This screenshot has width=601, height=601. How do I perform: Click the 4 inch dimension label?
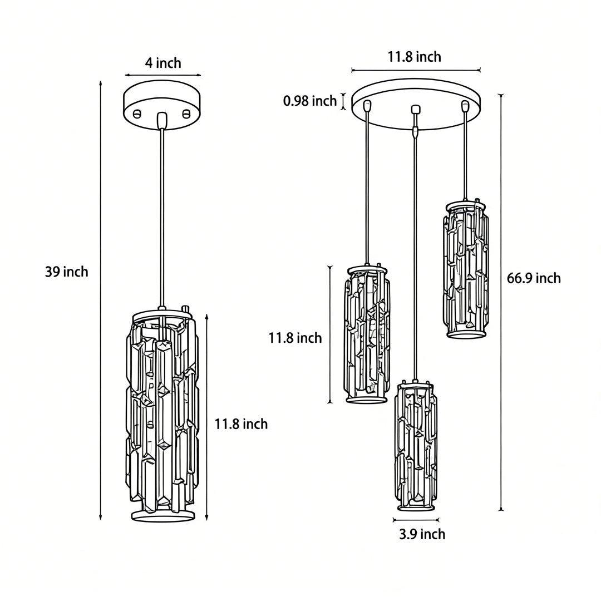coord(163,63)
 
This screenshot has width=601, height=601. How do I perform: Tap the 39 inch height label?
coord(67,272)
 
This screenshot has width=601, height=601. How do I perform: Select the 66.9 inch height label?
coord(534,278)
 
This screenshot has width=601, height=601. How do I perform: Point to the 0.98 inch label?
coord(310,101)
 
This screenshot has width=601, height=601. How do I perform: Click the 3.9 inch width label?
coord(422,534)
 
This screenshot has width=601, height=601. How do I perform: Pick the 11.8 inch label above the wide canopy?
coord(415,56)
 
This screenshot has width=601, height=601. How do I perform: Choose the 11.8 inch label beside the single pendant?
coord(241,424)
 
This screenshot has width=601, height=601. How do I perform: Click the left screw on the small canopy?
coord(137,114)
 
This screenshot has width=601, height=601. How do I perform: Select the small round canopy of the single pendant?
coord(162,106)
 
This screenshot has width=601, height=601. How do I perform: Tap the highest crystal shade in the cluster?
coord(466,269)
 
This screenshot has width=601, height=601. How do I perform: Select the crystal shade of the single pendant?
coord(162,415)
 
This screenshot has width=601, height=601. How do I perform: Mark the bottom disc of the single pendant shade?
coord(163,515)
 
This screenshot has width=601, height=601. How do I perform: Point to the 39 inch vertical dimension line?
coord(101,300)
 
